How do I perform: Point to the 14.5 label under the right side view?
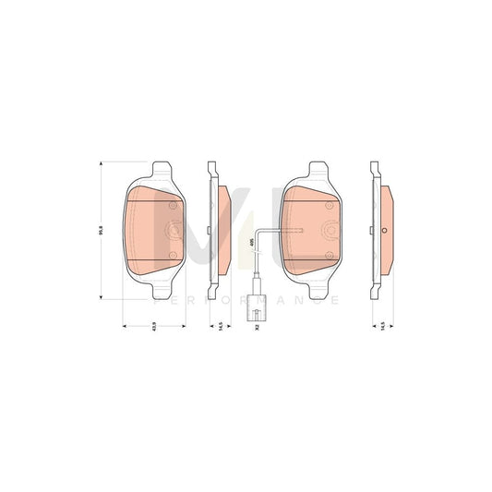pos(382,326)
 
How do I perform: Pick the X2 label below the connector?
pos(258,326)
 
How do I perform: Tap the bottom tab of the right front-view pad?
pos(310,288)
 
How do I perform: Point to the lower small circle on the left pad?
pos(172,254)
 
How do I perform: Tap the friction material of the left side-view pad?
pos(224,231)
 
